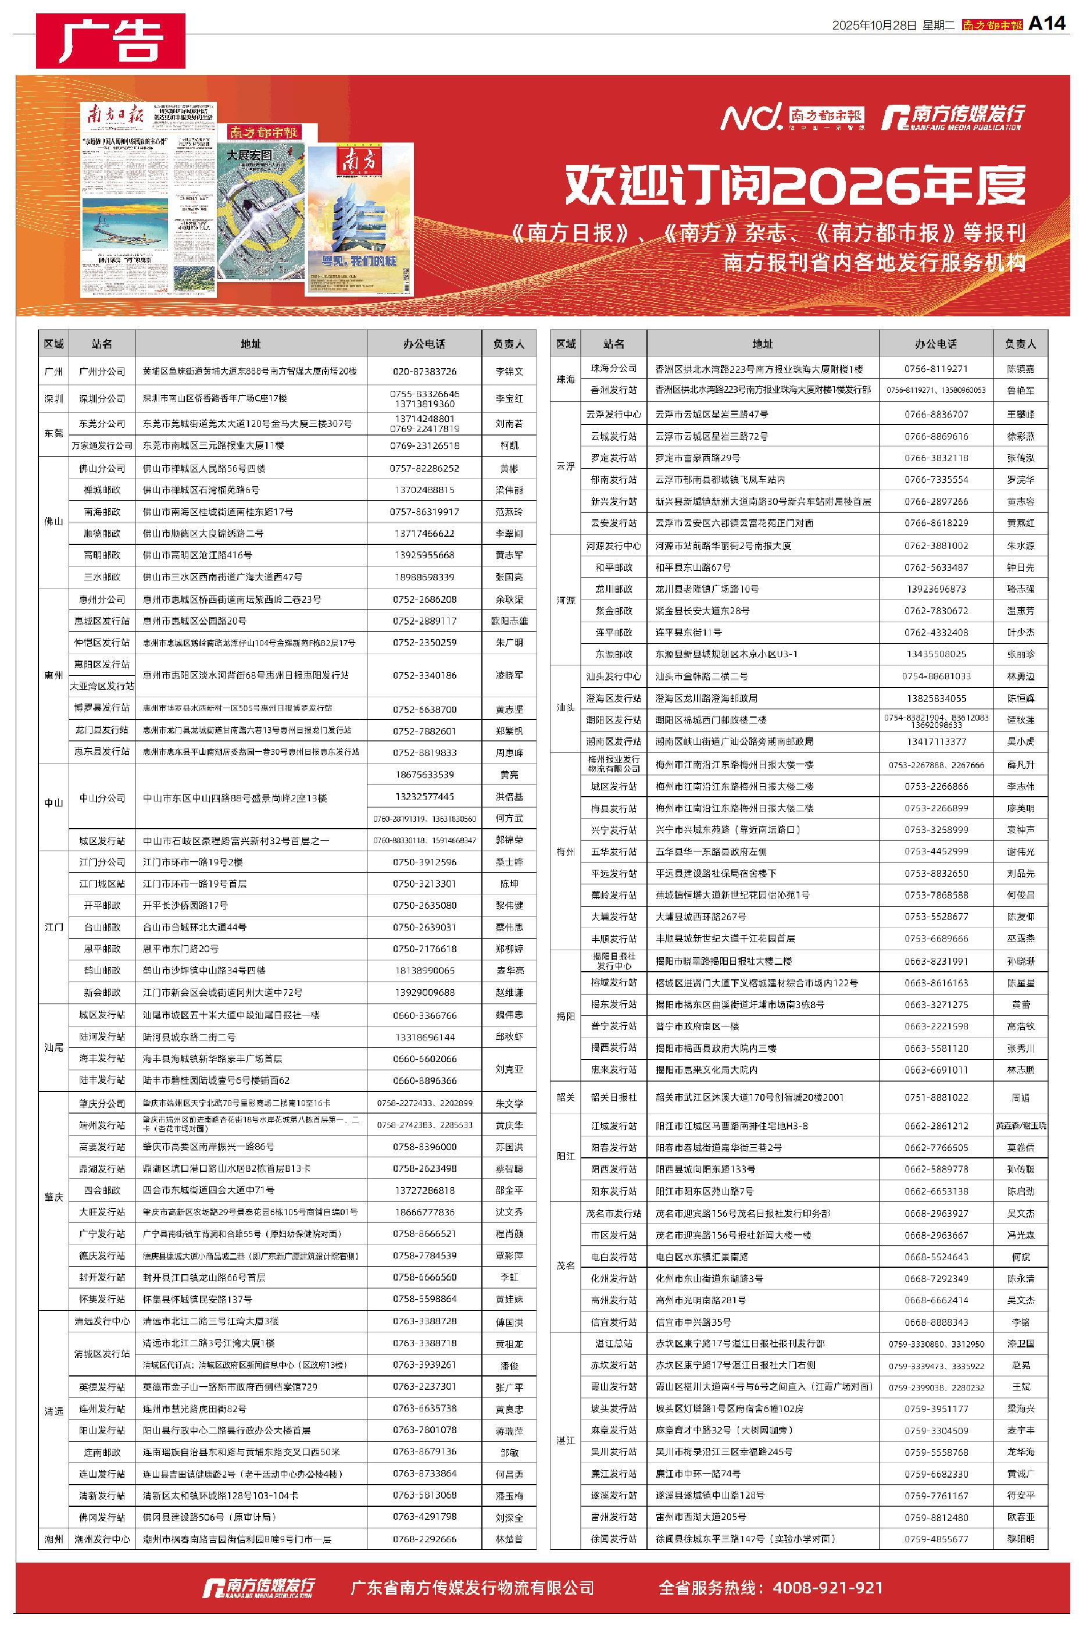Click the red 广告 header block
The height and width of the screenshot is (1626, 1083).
(110, 41)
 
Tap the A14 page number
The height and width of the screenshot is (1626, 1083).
(1047, 23)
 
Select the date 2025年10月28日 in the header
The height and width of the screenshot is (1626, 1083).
(874, 26)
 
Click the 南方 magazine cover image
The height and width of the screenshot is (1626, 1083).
(360, 218)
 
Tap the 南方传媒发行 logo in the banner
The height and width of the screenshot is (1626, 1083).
(953, 117)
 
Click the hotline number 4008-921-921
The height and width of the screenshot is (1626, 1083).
(827, 1587)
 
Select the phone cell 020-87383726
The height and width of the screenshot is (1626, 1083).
(424, 371)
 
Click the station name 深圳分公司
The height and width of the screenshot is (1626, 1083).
(102, 398)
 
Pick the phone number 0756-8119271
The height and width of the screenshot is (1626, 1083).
(936, 369)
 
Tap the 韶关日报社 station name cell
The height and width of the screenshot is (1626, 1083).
(613, 1097)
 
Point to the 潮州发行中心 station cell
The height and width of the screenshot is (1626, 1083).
(102, 1539)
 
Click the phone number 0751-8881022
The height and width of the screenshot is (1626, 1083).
(936, 1097)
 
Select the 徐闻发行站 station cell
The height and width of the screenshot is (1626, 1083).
(613, 1539)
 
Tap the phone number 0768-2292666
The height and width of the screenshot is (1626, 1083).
(424, 1539)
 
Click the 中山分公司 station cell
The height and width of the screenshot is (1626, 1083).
(102, 798)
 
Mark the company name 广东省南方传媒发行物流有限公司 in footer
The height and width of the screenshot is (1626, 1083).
(473, 1587)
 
